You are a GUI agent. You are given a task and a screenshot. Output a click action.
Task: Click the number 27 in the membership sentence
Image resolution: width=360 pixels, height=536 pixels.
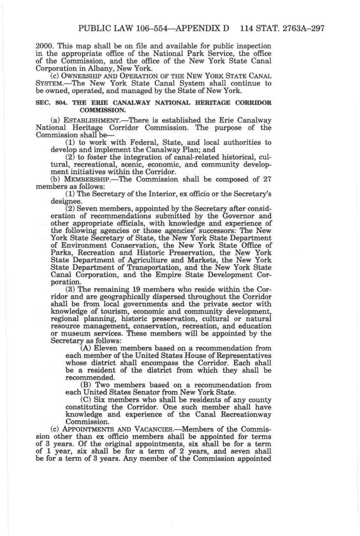point(266,179)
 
